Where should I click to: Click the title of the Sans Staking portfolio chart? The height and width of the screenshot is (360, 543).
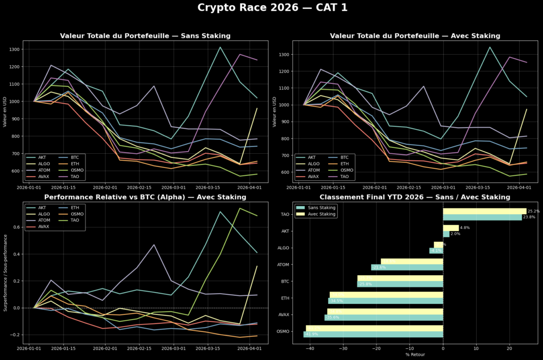(145, 36)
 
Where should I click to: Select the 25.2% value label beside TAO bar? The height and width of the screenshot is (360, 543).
(533, 211)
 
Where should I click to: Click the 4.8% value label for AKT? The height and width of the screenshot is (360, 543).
(465, 227)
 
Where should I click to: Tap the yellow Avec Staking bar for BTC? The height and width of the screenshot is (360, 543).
(400, 278)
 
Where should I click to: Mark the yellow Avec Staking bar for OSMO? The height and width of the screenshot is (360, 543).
(374, 328)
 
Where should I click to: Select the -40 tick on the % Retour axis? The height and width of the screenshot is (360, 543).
(309, 348)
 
